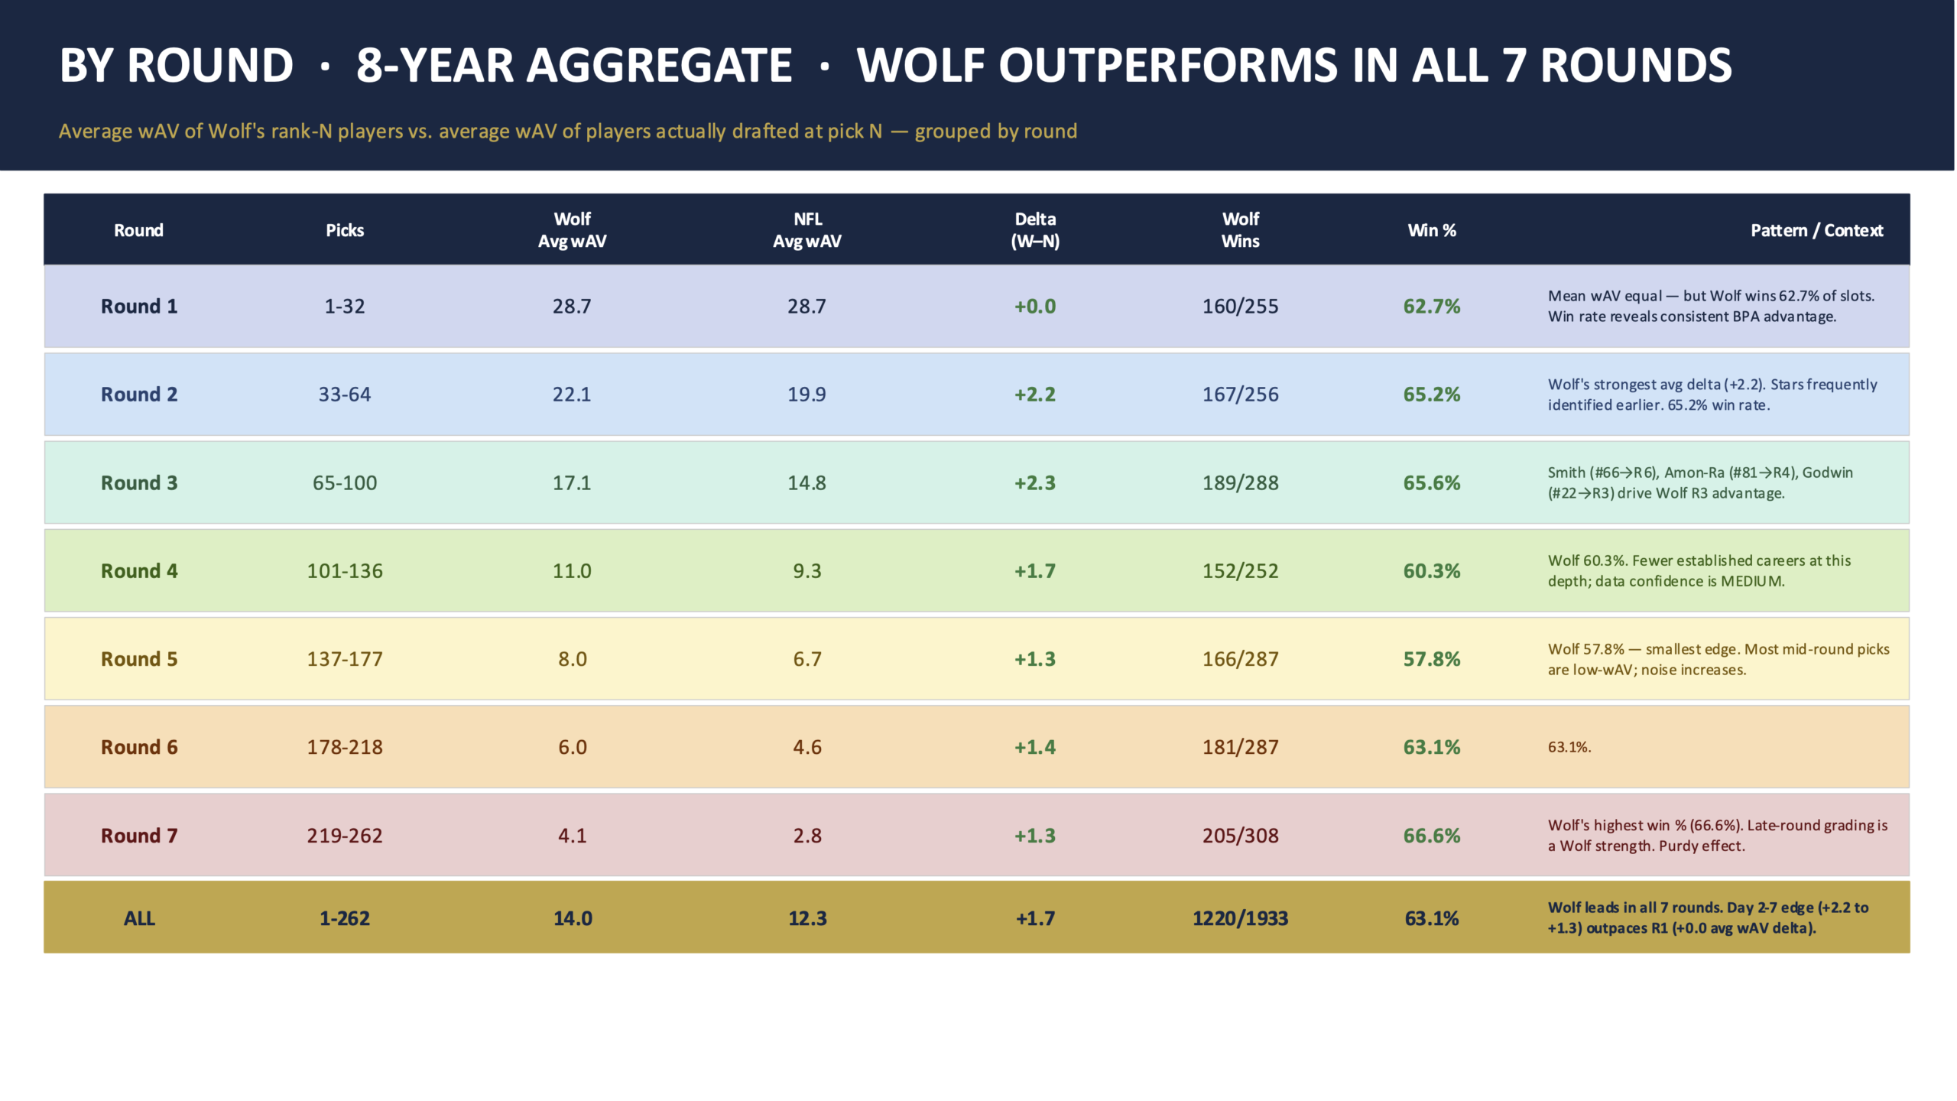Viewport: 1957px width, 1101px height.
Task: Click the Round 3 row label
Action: tap(139, 482)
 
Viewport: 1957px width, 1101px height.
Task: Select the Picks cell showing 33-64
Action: tap(345, 395)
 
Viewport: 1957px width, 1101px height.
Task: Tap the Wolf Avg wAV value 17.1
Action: tap(572, 482)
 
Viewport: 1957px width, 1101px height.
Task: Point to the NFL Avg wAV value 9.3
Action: tap(807, 571)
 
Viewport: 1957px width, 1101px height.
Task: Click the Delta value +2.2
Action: tap(1035, 395)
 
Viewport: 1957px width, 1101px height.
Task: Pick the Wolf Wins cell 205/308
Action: tap(1240, 836)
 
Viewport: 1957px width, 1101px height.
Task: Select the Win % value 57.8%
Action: tap(1431, 659)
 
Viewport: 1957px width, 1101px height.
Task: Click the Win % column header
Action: tap(1431, 230)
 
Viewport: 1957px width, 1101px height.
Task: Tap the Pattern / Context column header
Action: tap(1816, 230)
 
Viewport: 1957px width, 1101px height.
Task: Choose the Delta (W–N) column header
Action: tap(1035, 230)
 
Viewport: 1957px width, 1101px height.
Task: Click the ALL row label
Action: tap(139, 918)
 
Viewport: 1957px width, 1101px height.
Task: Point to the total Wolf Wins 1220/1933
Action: tap(1240, 918)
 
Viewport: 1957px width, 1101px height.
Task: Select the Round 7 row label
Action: tap(139, 836)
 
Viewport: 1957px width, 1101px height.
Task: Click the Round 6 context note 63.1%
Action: tap(1569, 748)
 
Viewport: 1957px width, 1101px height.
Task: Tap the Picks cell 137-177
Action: tap(345, 659)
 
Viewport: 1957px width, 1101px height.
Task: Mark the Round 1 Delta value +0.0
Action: tap(1035, 307)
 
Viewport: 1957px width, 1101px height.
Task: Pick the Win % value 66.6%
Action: tap(1431, 836)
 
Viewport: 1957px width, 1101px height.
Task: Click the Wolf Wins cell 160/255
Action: tap(1240, 307)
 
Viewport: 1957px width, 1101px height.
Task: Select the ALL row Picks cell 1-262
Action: tap(345, 918)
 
